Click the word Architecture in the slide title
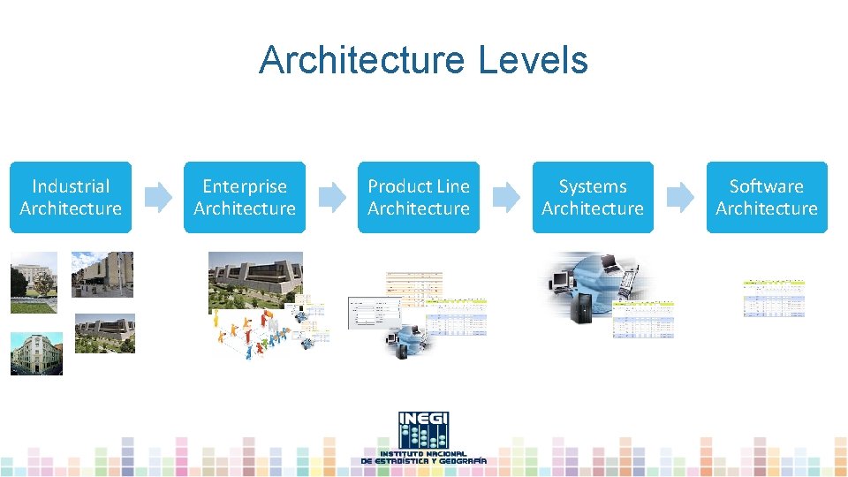point(362,60)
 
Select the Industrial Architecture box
point(71,197)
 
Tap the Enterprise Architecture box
point(245,197)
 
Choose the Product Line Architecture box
point(419,197)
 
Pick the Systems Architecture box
point(593,197)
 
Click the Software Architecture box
point(767,197)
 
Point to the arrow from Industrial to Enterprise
point(158,197)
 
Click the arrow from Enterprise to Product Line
point(332,197)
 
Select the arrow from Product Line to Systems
point(506,197)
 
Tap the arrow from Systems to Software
point(680,197)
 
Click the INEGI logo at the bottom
point(424,438)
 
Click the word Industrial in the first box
point(71,186)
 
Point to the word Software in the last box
point(767,186)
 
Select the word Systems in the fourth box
point(593,186)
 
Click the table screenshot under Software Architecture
point(774,298)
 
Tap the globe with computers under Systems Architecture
point(587,287)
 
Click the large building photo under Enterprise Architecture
point(255,278)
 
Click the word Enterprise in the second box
point(245,186)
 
